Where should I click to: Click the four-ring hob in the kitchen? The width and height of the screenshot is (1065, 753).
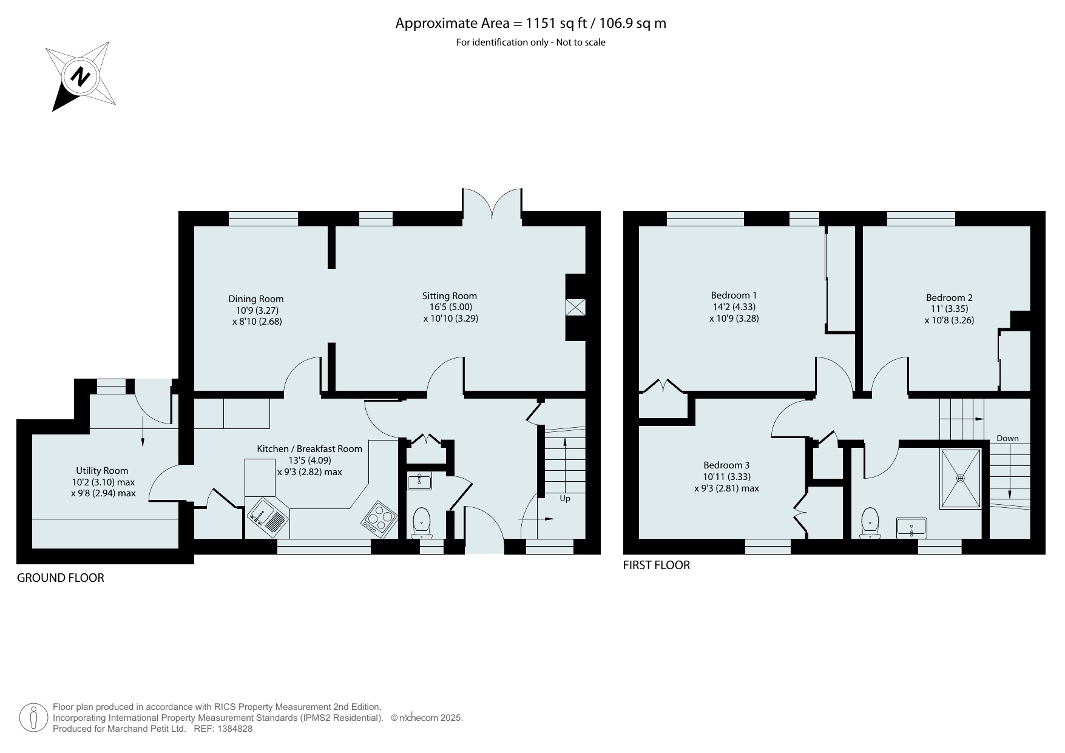[379, 519]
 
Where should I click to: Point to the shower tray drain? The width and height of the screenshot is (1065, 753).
[960, 478]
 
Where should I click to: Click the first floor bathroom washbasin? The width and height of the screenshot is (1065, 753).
[912, 527]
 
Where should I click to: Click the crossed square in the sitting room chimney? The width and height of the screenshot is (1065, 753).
[575, 307]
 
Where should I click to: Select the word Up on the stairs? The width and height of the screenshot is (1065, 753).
[565, 498]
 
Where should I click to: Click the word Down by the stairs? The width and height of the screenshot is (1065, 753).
[1007, 438]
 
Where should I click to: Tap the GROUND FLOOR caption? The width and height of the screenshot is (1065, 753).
[61, 578]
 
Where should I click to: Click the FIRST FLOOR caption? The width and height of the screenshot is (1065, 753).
[657, 565]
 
